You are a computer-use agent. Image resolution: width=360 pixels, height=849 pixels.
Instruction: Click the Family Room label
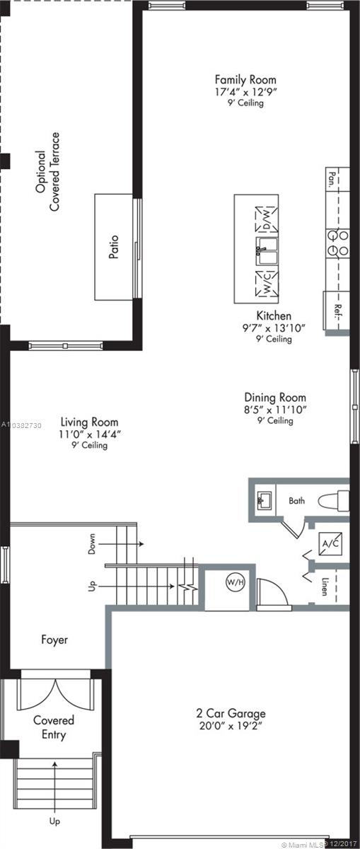point(245,79)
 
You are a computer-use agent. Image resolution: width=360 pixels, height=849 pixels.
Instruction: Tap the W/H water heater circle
point(236,582)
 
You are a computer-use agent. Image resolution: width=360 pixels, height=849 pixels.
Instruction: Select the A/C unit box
point(330,543)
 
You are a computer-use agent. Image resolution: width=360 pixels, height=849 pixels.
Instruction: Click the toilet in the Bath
point(333,500)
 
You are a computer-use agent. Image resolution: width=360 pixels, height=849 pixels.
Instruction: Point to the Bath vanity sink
point(265,500)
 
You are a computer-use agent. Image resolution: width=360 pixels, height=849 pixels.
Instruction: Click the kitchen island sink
point(267,251)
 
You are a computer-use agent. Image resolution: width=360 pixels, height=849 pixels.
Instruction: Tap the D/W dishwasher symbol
point(267,219)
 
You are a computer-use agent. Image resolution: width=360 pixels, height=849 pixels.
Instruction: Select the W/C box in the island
point(267,284)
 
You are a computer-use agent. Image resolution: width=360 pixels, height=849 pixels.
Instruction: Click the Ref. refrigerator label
point(338,311)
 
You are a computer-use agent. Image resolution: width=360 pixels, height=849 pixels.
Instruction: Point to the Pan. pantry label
point(332,180)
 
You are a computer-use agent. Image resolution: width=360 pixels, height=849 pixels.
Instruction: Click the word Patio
point(114,247)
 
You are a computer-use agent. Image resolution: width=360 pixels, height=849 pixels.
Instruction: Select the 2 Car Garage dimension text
point(231,726)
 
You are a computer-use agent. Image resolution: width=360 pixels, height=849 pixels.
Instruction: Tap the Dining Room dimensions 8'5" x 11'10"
point(275,410)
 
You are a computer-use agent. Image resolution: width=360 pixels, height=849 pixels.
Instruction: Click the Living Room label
point(89,422)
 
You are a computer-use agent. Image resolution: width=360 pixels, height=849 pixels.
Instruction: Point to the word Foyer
point(54,640)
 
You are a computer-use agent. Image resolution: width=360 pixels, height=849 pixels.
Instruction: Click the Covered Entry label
point(54,727)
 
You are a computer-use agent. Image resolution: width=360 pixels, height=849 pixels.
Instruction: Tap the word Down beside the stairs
point(92,544)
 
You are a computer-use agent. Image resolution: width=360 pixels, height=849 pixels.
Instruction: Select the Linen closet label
point(325,587)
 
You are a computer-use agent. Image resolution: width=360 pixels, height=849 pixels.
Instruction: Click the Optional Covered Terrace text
point(48,172)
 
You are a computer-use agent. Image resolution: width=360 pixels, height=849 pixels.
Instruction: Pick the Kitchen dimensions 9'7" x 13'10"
point(274,328)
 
